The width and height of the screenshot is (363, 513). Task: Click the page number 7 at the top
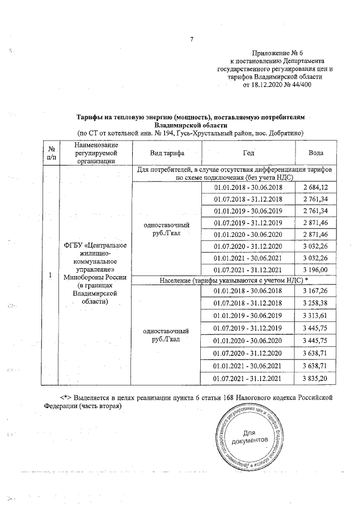click(x=192, y=40)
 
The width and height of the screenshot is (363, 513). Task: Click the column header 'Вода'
click(x=316, y=153)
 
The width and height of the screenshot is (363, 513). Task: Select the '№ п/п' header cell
click(x=50, y=153)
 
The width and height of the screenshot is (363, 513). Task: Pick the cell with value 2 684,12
click(x=316, y=188)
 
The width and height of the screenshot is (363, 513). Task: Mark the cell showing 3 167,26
click(x=316, y=291)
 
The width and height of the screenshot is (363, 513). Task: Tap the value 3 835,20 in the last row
click(x=316, y=378)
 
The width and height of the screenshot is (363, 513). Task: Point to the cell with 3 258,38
click(x=316, y=304)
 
